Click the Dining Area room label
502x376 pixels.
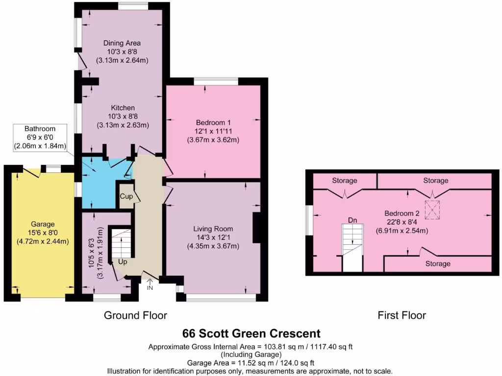(122, 44)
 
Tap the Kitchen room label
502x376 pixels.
(123, 108)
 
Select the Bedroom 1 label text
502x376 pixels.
(213, 122)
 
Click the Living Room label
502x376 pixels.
(213, 229)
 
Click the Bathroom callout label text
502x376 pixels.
(41, 129)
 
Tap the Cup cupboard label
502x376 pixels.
(126, 196)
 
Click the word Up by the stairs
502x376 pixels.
(123, 262)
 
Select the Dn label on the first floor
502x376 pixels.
(352, 220)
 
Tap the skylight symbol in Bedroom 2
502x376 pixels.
(431, 209)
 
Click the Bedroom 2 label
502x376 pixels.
(402, 213)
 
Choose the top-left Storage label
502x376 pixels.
(345, 181)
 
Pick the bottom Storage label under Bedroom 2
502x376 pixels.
(437, 264)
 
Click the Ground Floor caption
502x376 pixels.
(135, 315)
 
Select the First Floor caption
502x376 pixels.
(402, 315)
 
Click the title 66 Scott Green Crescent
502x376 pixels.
(251, 333)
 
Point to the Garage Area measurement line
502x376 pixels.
(251, 363)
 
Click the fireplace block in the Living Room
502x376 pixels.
(256, 228)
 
